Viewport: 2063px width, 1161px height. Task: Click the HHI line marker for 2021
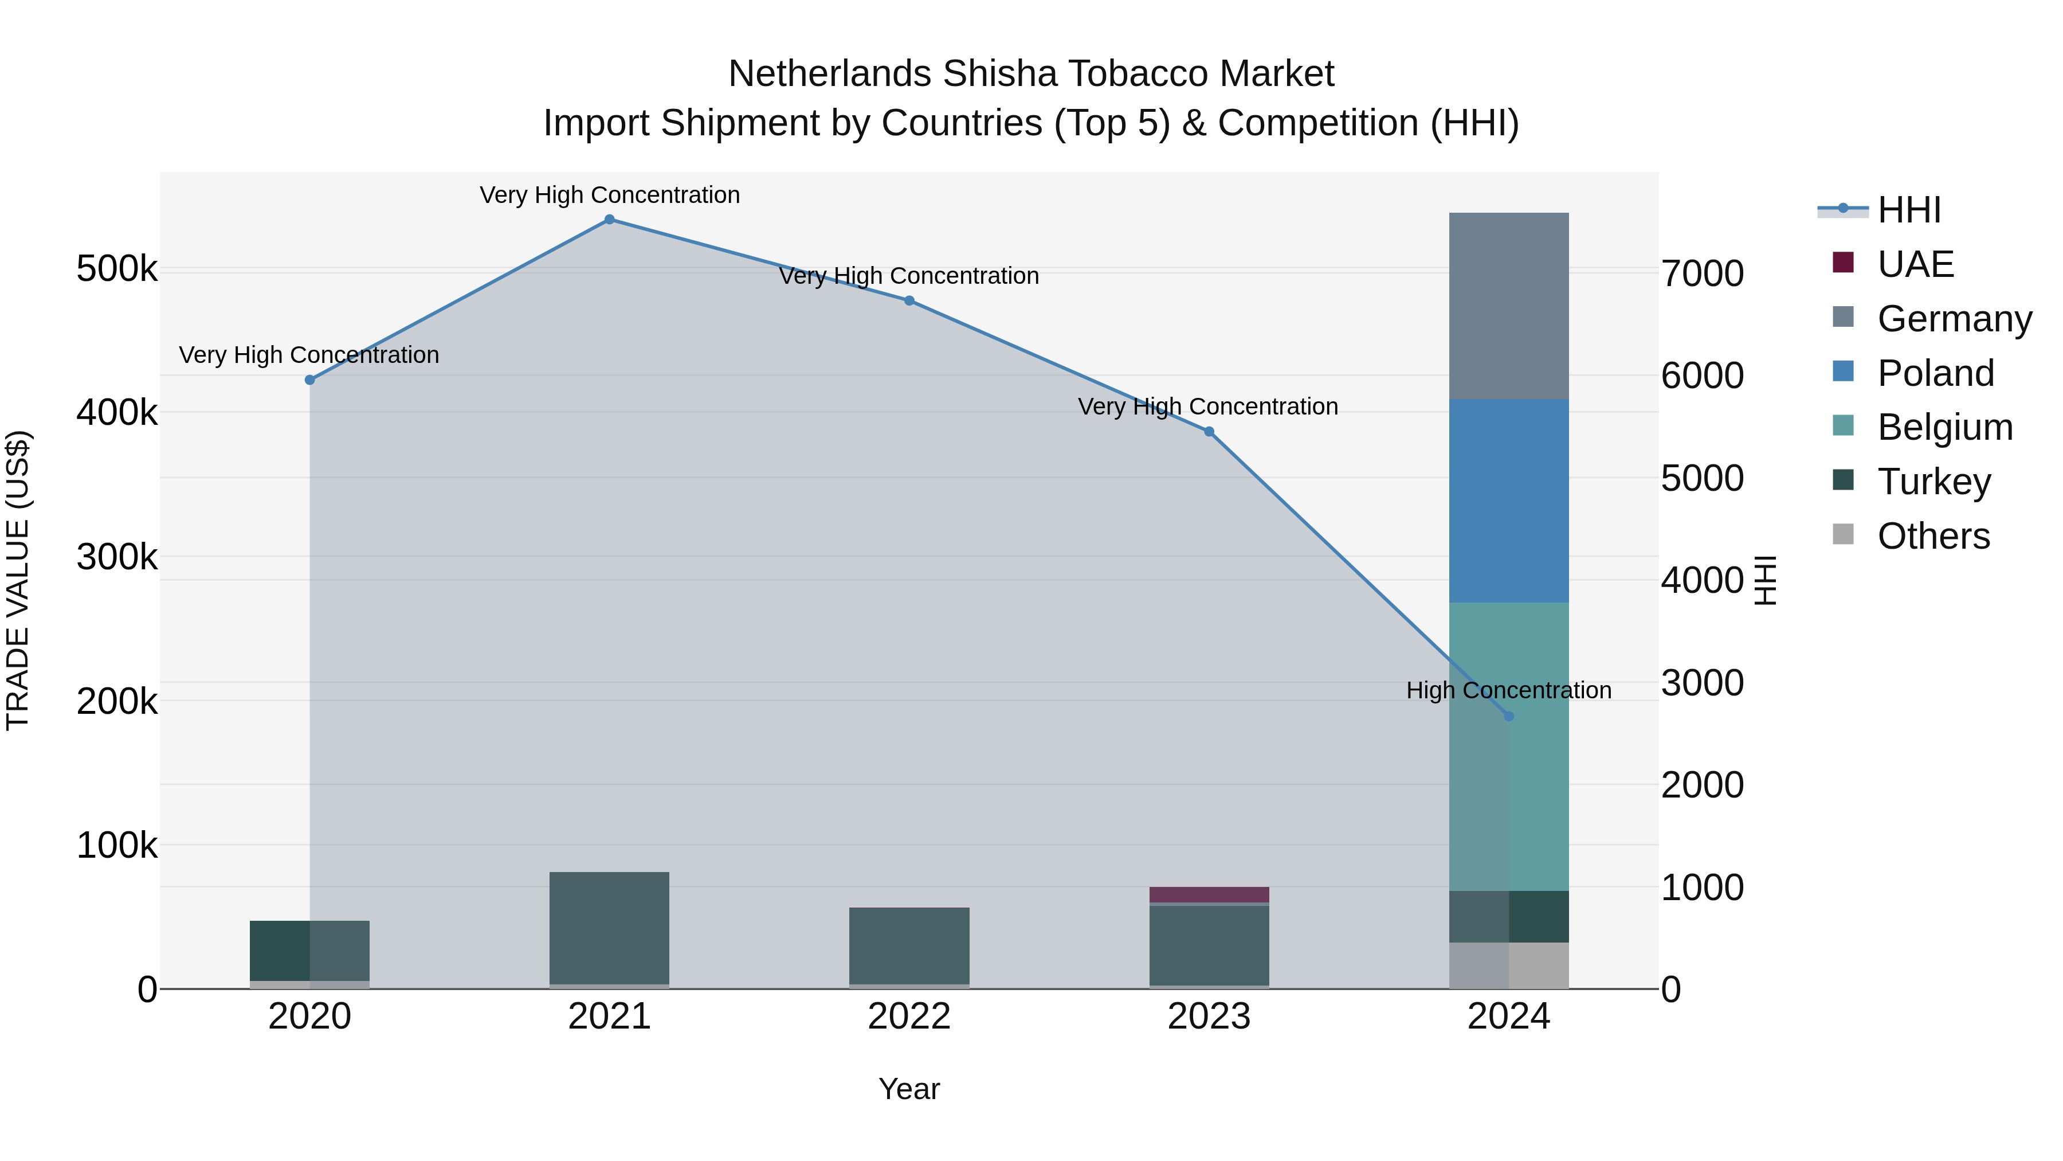(610, 220)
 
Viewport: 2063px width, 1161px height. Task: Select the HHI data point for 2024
(1509, 716)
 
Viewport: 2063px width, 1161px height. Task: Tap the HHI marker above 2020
(310, 380)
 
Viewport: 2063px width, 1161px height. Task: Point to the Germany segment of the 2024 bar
(1509, 306)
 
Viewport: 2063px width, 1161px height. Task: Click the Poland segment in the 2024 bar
(1509, 501)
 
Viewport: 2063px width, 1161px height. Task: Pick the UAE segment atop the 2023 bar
(1209, 895)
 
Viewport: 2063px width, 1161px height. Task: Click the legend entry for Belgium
(1944, 427)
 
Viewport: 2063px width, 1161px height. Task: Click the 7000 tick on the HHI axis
(1702, 274)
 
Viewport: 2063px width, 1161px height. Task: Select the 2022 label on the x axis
(909, 1017)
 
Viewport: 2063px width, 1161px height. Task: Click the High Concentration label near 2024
(1509, 691)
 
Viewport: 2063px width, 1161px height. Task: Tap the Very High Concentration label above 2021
(610, 196)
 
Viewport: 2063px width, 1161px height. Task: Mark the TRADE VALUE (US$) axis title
(18, 580)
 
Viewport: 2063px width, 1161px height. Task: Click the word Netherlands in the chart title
(830, 75)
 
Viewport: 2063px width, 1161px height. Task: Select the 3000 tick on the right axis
(1702, 683)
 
